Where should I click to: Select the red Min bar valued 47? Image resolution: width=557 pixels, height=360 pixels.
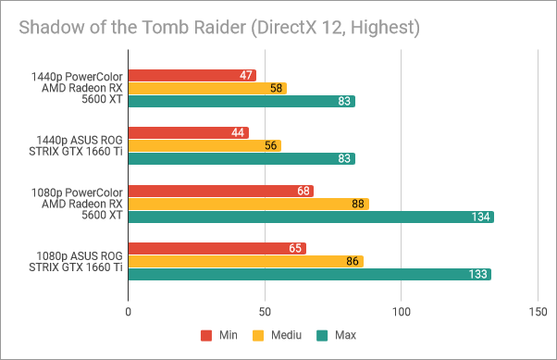[x=192, y=75]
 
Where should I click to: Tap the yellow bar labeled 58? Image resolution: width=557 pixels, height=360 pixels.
[x=206, y=88]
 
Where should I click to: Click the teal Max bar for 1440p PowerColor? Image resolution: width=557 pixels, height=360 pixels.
[x=241, y=101]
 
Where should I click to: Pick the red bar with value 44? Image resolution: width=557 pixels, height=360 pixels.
[x=188, y=132]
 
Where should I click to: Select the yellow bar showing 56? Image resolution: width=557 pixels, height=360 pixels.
[x=204, y=145]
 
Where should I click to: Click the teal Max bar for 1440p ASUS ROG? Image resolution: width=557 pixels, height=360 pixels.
[x=241, y=158]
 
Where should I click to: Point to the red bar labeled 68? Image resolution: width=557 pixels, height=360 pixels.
[x=220, y=191]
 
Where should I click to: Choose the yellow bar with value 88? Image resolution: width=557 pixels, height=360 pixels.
[x=248, y=204]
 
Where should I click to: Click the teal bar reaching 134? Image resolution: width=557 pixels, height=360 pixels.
[x=310, y=217]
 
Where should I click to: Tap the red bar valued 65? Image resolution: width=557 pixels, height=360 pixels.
[x=217, y=248]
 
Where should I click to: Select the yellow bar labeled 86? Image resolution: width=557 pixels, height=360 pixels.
[x=245, y=261]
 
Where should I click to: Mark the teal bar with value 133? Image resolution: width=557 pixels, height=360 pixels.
[x=309, y=274]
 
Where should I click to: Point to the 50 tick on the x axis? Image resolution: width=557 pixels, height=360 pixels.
[x=264, y=312]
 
